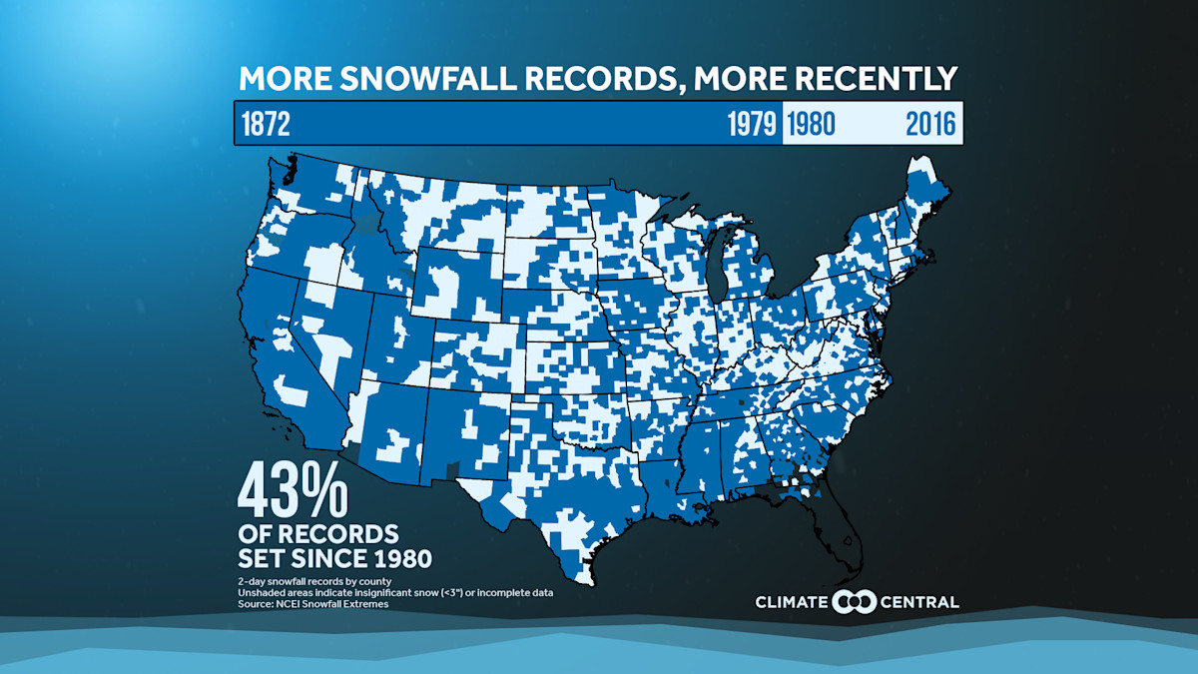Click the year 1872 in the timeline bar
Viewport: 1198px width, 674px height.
pyautogui.click(x=266, y=125)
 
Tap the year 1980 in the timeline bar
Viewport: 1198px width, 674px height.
pyautogui.click(x=811, y=125)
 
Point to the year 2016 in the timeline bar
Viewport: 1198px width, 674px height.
pyautogui.click(x=930, y=125)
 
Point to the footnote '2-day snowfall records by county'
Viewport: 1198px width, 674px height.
pyautogui.click(x=313, y=581)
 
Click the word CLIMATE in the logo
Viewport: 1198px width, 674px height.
pyautogui.click(x=793, y=602)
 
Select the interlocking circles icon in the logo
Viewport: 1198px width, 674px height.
pyautogui.click(x=855, y=602)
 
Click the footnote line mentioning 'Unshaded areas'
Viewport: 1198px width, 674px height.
pyautogui.click(x=395, y=593)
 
